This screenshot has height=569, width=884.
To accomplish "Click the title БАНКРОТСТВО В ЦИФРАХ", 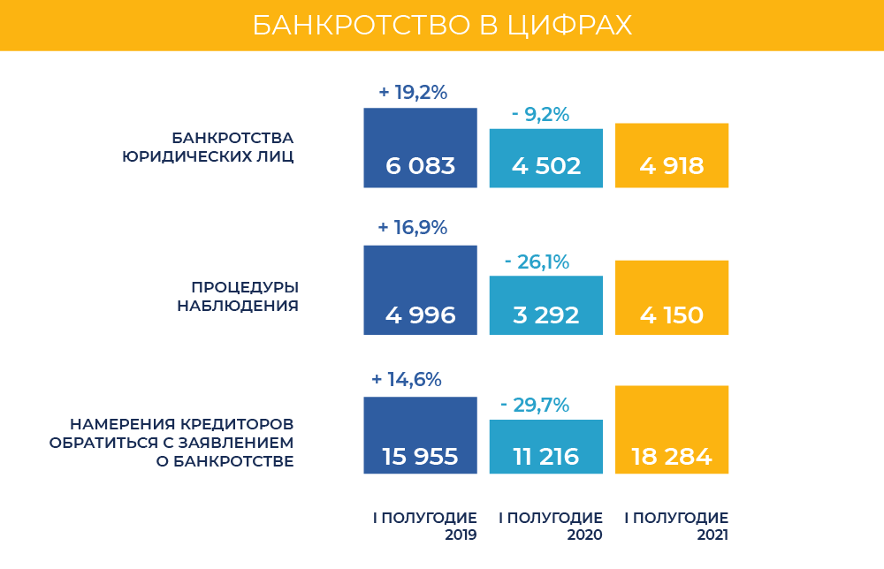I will point(442,25).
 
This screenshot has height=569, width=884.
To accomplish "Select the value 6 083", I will point(420,166).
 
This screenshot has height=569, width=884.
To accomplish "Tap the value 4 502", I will point(546,166).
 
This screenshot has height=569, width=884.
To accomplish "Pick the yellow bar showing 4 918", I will point(672,155).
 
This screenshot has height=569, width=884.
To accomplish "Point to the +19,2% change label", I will point(413,92).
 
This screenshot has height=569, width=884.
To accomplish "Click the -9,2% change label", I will point(540,115).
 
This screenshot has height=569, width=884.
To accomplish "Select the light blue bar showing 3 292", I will point(546,305).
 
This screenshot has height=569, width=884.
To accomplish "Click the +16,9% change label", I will point(413,228).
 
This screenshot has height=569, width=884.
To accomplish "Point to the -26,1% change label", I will point(537,262).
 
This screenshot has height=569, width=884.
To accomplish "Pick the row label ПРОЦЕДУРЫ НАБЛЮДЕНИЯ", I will point(238,297).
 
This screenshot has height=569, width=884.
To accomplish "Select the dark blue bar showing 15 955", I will point(420,435).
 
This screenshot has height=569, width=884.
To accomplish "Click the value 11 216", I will point(546,457).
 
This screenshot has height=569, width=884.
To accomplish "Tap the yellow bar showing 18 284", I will point(672,429).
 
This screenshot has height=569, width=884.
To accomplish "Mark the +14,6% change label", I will point(407,380).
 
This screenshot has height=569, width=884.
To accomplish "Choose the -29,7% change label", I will point(534,406).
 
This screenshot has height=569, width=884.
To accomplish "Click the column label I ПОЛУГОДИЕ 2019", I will point(425,526).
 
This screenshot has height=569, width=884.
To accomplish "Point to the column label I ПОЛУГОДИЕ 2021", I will point(676,526).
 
